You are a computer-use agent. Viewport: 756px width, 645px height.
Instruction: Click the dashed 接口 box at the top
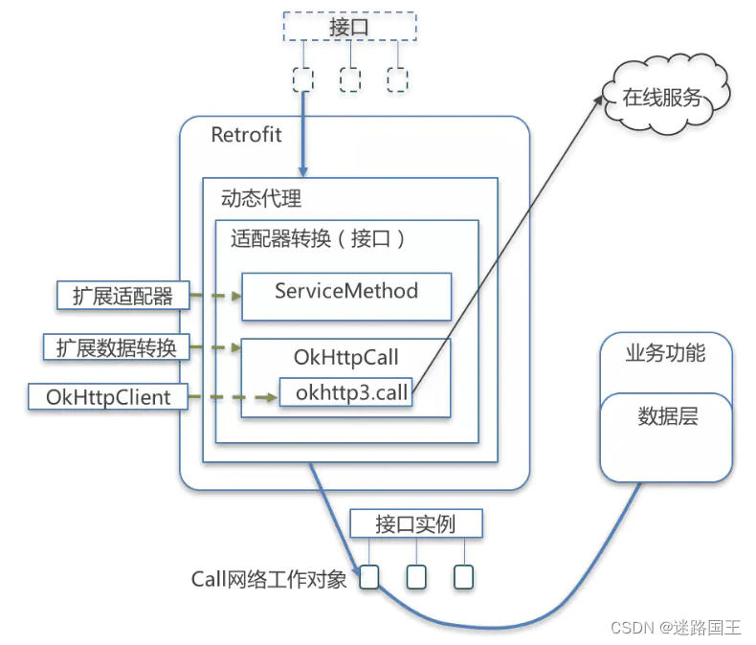349,27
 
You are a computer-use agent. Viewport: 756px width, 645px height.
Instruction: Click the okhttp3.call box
345,392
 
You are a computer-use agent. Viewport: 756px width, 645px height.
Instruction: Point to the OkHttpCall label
345,357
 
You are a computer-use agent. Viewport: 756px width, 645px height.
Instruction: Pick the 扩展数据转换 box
116,346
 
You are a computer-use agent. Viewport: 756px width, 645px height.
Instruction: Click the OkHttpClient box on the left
108,396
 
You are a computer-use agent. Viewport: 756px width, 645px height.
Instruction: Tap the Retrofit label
246,134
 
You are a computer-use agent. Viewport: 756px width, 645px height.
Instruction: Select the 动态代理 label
260,198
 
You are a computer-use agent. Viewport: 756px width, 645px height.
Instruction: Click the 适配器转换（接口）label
319,239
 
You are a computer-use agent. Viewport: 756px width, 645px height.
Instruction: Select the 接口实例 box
415,524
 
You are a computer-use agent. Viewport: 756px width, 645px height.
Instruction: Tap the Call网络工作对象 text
269,578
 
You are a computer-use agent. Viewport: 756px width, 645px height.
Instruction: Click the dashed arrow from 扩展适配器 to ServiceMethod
214,296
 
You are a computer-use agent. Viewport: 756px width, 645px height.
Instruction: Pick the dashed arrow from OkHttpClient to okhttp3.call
233,396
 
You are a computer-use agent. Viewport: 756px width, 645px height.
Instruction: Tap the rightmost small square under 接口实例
463,577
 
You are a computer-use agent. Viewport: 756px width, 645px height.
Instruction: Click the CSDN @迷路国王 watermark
675,628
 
